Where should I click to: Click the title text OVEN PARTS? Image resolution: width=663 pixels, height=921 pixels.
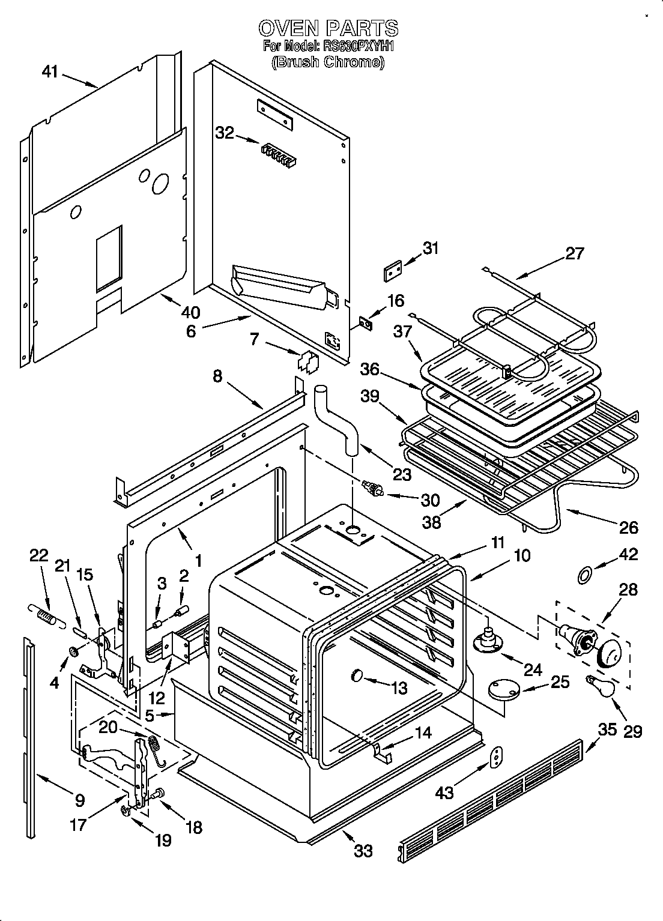pyautogui.click(x=328, y=28)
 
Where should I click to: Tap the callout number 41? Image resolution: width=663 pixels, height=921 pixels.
pyautogui.click(x=50, y=72)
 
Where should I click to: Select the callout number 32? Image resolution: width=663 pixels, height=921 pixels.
pyautogui.click(x=225, y=133)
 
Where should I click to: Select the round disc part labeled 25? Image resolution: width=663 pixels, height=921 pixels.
pyautogui.click(x=503, y=689)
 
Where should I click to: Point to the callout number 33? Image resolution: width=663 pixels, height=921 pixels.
pyautogui.click(x=363, y=850)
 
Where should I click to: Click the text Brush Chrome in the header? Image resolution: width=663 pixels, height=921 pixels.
pyautogui.click(x=328, y=62)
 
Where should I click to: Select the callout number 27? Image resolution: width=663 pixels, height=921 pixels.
pyautogui.click(x=574, y=253)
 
